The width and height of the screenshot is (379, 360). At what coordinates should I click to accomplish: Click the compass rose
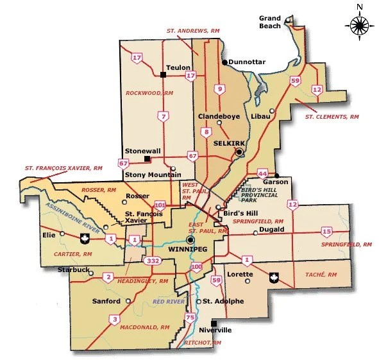[x=359, y=25]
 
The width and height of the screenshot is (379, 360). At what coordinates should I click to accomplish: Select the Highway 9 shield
[x=220, y=89]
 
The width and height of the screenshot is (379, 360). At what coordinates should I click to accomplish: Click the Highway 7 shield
[x=164, y=116]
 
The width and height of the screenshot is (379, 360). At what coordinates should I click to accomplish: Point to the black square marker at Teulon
[x=164, y=75]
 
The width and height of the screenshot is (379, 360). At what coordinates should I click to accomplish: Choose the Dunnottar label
[x=247, y=62]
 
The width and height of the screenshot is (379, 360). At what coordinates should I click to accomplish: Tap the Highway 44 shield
[x=262, y=174]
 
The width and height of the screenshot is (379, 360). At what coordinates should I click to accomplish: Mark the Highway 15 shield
[x=326, y=231]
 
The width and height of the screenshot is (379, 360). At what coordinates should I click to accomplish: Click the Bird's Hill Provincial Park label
[x=252, y=191]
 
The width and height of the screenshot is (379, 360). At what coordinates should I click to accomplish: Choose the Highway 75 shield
[x=190, y=318]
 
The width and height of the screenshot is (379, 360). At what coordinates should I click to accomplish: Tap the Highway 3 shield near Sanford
[x=114, y=319]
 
